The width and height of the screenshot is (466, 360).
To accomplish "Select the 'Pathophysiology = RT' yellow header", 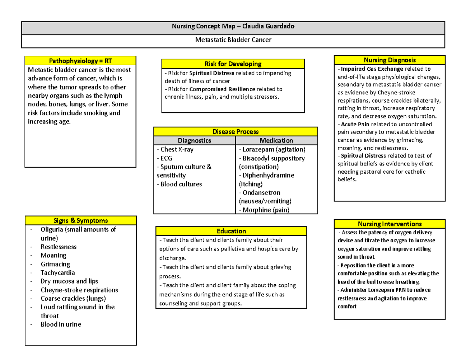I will click(80, 61).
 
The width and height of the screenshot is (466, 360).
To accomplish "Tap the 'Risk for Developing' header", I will click(233, 64).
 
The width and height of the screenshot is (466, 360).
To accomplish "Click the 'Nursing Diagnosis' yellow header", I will click(389, 60).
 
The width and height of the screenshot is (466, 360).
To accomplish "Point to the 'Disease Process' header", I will click(235, 132).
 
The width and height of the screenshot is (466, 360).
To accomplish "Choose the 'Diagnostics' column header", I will click(194, 141).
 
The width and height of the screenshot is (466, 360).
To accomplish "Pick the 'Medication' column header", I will click(276, 141).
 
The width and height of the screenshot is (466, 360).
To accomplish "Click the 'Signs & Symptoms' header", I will click(81, 221).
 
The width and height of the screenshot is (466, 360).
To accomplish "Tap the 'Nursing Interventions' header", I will click(389, 224).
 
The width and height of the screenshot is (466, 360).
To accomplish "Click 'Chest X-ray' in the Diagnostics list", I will click(175, 150).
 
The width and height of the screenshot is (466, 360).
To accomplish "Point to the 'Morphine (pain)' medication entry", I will click(264, 210).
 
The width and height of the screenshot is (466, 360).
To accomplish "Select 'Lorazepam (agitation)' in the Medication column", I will click(272, 150).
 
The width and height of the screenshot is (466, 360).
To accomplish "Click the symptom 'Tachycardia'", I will click(58, 273).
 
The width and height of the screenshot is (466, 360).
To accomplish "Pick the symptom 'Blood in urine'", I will click(61, 324).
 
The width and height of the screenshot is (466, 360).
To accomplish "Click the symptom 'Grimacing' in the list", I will click(55, 264).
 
